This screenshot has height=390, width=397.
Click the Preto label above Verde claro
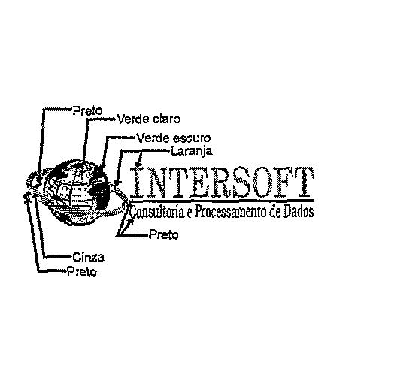88,111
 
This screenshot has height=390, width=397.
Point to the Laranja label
192,151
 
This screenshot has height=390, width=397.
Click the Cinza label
89,258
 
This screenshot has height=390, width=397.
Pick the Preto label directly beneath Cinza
82,272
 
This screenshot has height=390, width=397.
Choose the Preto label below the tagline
164,235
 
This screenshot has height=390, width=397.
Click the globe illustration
76,192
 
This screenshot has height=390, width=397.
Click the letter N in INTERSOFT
157,182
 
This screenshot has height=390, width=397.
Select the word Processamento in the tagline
230,211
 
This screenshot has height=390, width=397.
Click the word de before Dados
274,211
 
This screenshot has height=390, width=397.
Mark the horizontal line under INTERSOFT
222,201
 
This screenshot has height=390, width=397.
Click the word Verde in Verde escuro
153,138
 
